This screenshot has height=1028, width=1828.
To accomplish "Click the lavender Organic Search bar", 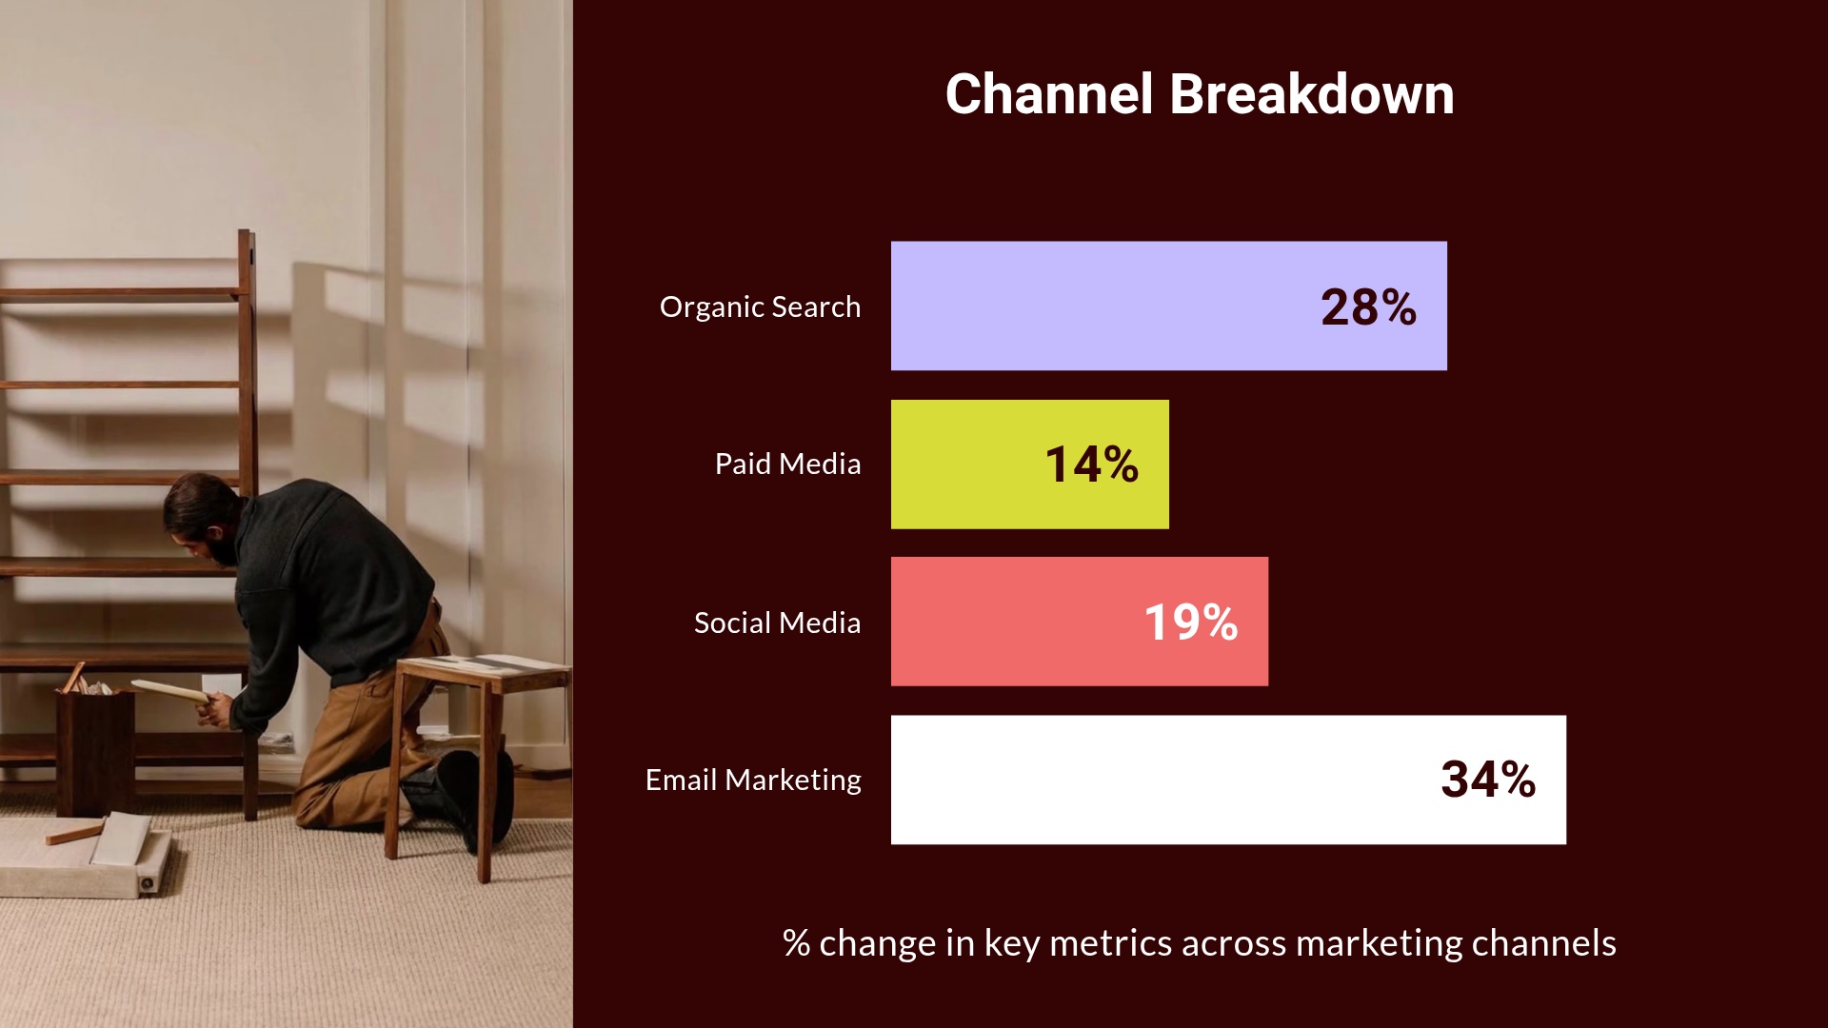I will pyautogui.click(x=1095, y=306).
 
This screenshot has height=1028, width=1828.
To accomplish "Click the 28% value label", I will pyautogui.click(x=1368, y=307).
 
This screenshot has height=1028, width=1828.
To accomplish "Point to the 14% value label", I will pyautogui.click(x=1091, y=465).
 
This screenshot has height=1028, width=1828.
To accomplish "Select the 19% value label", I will pyautogui.click(x=1190, y=623).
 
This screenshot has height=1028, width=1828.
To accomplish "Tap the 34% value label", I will pyautogui.click(x=1487, y=780).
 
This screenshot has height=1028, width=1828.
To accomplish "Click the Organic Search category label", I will pyautogui.click(x=760, y=307).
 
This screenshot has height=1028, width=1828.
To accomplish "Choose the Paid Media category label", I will pyautogui.click(x=787, y=465).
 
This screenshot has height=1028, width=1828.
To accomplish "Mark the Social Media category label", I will pyautogui.click(x=777, y=623).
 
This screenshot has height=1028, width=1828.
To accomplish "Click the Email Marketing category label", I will pyautogui.click(x=753, y=781).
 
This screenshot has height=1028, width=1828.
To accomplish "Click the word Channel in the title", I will pyautogui.click(x=1048, y=94).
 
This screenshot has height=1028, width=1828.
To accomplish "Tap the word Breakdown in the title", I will pyautogui.click(x=1311, y=94).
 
